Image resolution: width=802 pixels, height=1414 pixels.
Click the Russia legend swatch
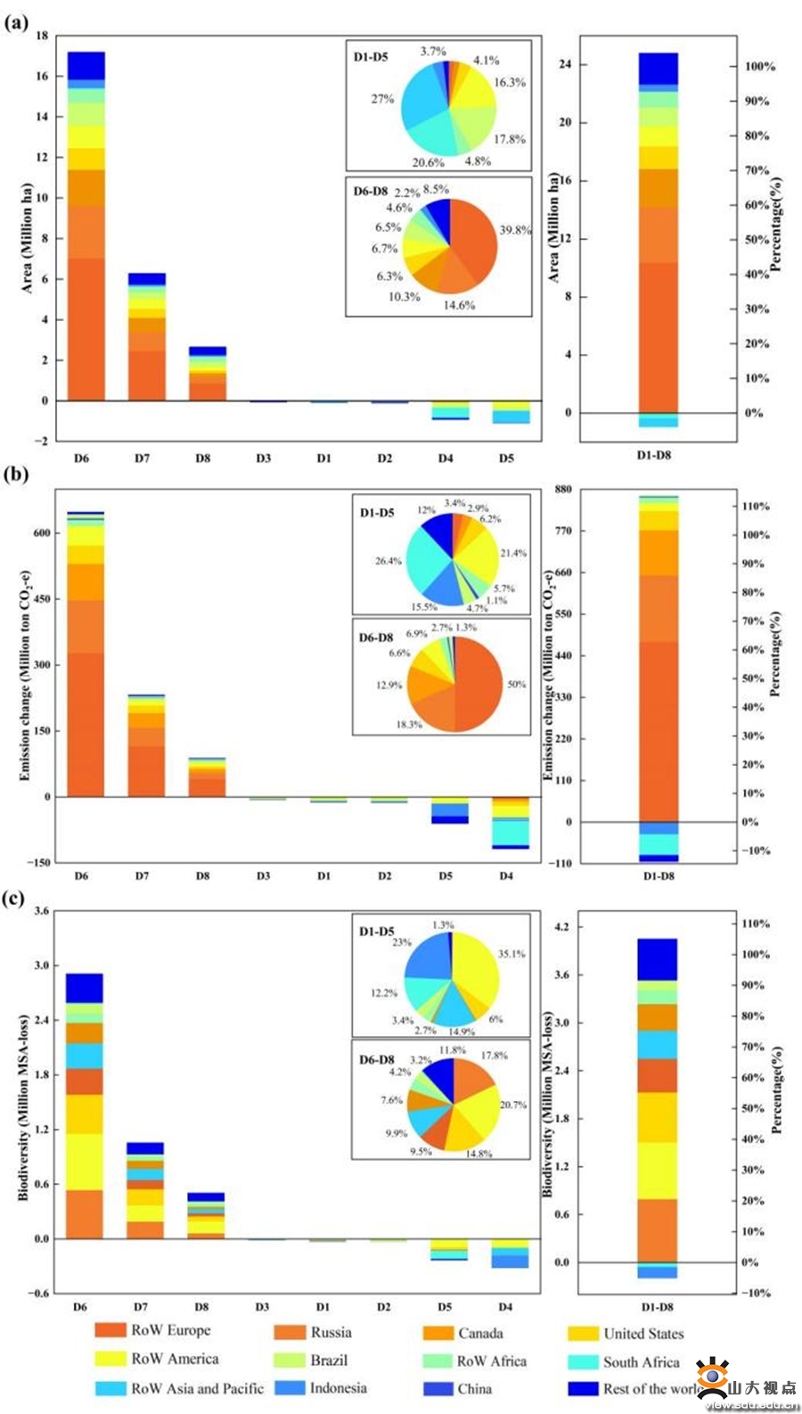click(x=290, y=1333)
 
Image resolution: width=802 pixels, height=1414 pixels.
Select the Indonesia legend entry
click(x=338, y=1388)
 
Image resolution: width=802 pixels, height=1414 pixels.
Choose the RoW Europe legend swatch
click(x=110, y=1330)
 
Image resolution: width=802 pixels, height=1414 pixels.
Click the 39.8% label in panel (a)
click(x=515, y=230)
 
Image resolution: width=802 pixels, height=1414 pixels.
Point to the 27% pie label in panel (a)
click(x=382, y=99)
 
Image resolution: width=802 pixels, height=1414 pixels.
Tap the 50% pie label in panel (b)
click(x=517, y=685)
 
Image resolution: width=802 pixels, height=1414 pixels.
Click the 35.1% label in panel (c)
click(x=511, y=954)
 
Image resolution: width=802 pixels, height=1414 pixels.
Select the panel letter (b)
click(x=15, y=474)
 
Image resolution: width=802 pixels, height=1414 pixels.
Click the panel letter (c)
click(x=14, y=898)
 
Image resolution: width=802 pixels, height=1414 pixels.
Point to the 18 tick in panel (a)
click(x=42, y=36)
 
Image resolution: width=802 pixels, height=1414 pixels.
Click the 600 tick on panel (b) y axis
click(x=40, y=533)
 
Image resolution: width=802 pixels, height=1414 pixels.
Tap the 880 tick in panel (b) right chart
click(x=563, y=489)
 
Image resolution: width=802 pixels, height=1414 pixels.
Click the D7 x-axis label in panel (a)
click(x=142, y=458)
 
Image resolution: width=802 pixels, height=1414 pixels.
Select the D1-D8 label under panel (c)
click(x=657, y=1307)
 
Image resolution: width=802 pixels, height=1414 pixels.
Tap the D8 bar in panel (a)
click(x=208, y=374)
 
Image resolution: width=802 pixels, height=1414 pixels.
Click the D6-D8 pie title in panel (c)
click(x=377, y=1060)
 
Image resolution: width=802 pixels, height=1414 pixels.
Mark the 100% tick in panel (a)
click(x=760, y=67)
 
